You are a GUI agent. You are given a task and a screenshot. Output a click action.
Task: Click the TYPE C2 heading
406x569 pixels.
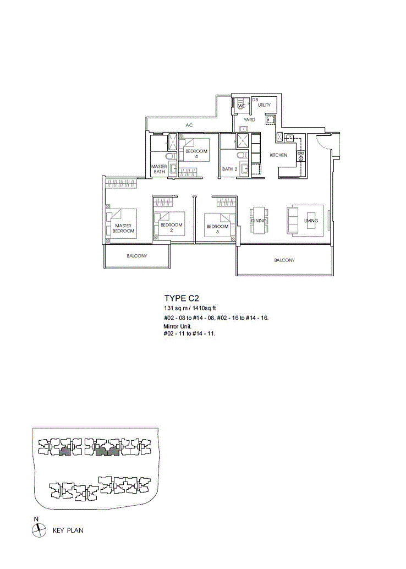(182, 298)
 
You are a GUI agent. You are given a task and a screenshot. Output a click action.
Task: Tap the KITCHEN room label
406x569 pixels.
(278, 155)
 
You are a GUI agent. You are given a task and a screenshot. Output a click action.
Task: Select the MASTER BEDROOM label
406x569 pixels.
(123, 228)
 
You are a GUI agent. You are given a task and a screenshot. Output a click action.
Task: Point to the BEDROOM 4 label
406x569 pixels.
(196, 154)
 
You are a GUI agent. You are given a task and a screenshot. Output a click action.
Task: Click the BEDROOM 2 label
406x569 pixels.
(171, 227)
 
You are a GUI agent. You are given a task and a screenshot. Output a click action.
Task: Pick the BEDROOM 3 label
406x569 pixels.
(217, 229)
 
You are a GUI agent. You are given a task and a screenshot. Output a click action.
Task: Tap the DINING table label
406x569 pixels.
(259, 221)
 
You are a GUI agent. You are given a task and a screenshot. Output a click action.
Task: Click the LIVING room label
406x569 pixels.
(311, 221)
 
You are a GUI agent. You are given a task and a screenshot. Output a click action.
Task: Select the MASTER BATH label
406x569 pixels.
(159, 169)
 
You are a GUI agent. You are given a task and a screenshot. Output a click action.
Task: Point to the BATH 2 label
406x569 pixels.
(229, 169)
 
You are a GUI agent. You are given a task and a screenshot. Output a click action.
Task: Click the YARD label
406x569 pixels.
(249, 120)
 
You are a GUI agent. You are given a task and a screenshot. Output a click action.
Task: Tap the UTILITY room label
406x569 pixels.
(264, 105)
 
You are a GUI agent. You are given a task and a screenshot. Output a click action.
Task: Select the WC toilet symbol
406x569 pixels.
(242, 106)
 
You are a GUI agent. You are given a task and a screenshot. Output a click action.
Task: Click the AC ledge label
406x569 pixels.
(189, 125)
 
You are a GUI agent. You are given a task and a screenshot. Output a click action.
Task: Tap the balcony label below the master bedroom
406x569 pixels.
(137, 256)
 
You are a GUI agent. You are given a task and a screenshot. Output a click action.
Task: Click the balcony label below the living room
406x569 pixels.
(284, 260)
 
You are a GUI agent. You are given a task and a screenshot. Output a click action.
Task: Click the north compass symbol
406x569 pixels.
(39, 530)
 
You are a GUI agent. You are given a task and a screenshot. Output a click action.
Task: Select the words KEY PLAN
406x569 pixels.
(68, 530)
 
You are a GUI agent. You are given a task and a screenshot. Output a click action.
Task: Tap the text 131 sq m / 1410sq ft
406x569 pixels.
(190, 308)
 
